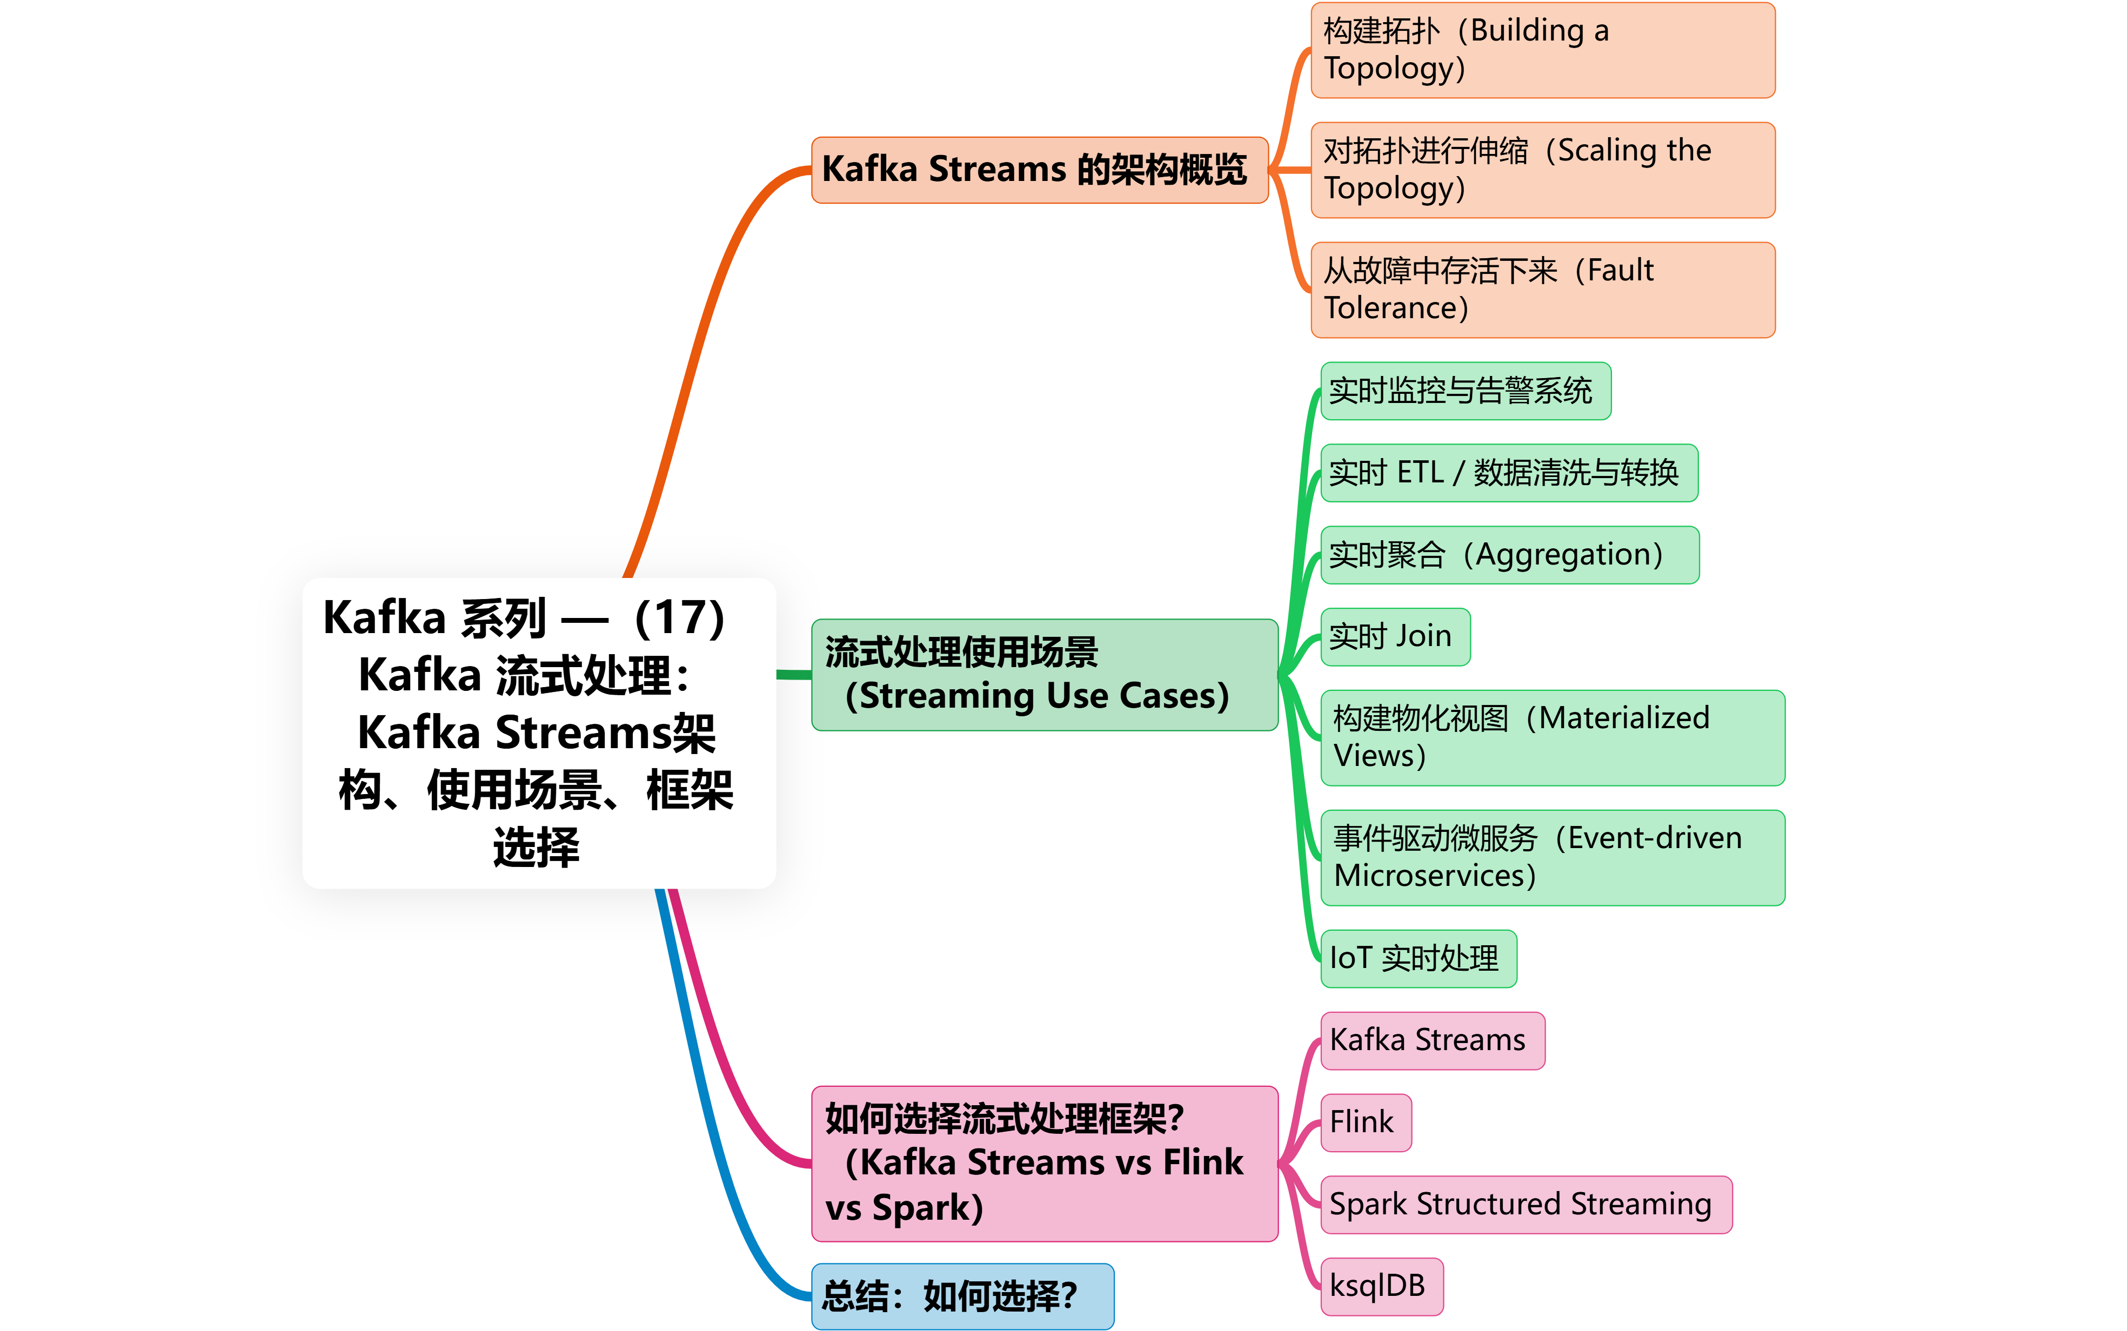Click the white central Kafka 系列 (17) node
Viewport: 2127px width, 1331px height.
(x=539, y=732)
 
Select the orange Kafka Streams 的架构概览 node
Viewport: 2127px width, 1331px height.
(x=1039, y=170)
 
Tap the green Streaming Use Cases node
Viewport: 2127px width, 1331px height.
(x=1044, y=674)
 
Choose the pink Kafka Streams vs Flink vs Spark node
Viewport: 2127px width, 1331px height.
(x=1044, y=1163)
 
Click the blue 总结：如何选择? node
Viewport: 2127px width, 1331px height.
(x=962, y=1296)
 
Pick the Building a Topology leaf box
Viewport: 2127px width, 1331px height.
(x=1542, y=50)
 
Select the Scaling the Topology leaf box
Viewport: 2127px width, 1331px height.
(x=1542, y=170)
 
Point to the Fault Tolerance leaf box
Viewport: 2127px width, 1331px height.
(x=1542, y=290)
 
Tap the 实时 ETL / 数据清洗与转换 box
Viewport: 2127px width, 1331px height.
(x=1509, y=473)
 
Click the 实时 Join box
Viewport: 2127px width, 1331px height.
(x=1395, y=636)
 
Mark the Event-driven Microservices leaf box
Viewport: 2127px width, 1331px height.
(x=1552, y=857)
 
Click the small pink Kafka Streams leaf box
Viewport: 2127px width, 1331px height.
(x=1433, y=1040)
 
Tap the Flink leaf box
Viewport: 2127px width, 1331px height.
(x=1366, y=1122)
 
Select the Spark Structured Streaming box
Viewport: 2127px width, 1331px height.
(x=1526, y=1204)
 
